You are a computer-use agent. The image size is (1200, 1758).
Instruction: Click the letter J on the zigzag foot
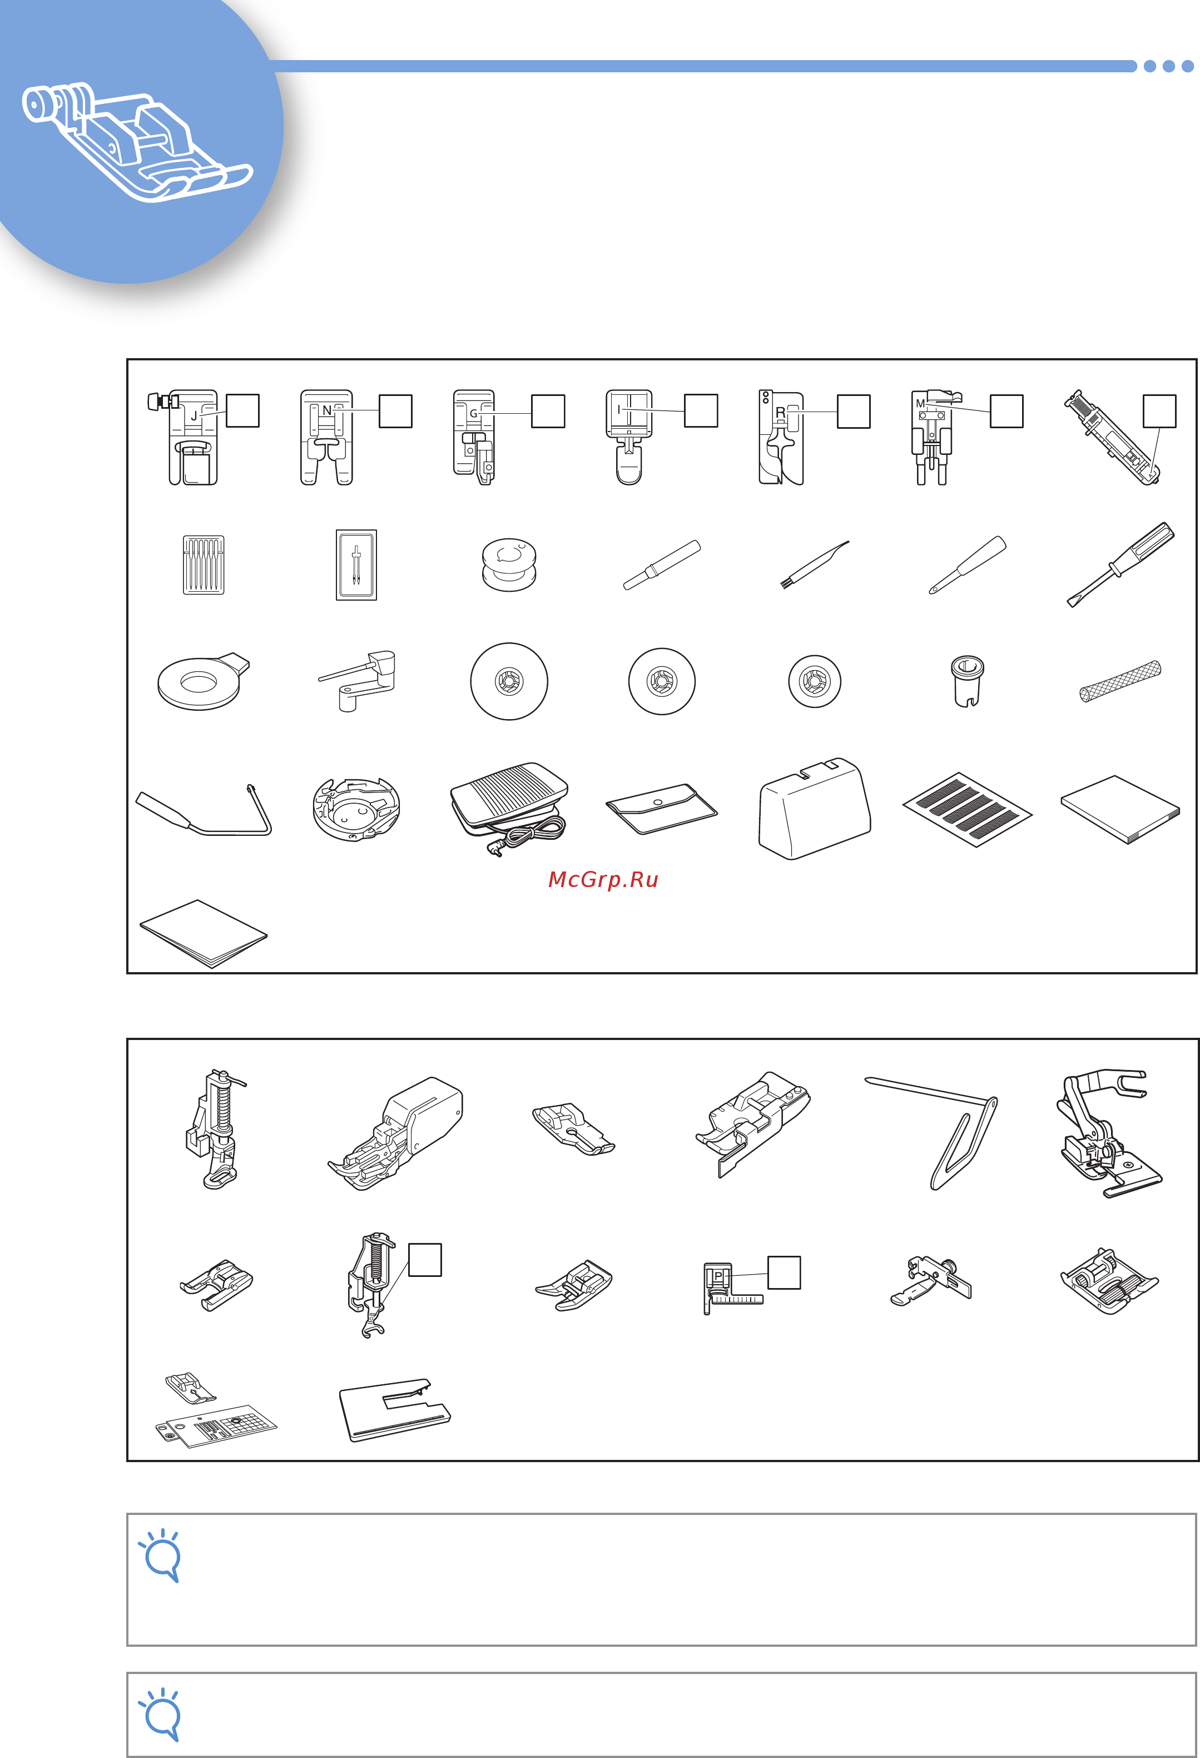coord(194,416)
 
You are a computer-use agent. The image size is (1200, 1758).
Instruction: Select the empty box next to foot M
coord(1006,412)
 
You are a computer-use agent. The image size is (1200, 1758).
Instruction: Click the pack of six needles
coord(204,565)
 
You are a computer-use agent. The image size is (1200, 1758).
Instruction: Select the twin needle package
coord(356,565)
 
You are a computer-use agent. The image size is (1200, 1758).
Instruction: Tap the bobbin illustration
coord(509,565)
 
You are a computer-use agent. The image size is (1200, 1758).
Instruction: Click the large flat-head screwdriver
coord(1120,563)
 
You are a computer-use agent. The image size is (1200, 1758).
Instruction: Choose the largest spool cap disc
coord(509,681)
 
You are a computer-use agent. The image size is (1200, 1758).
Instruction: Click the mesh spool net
coord(1120,681)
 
